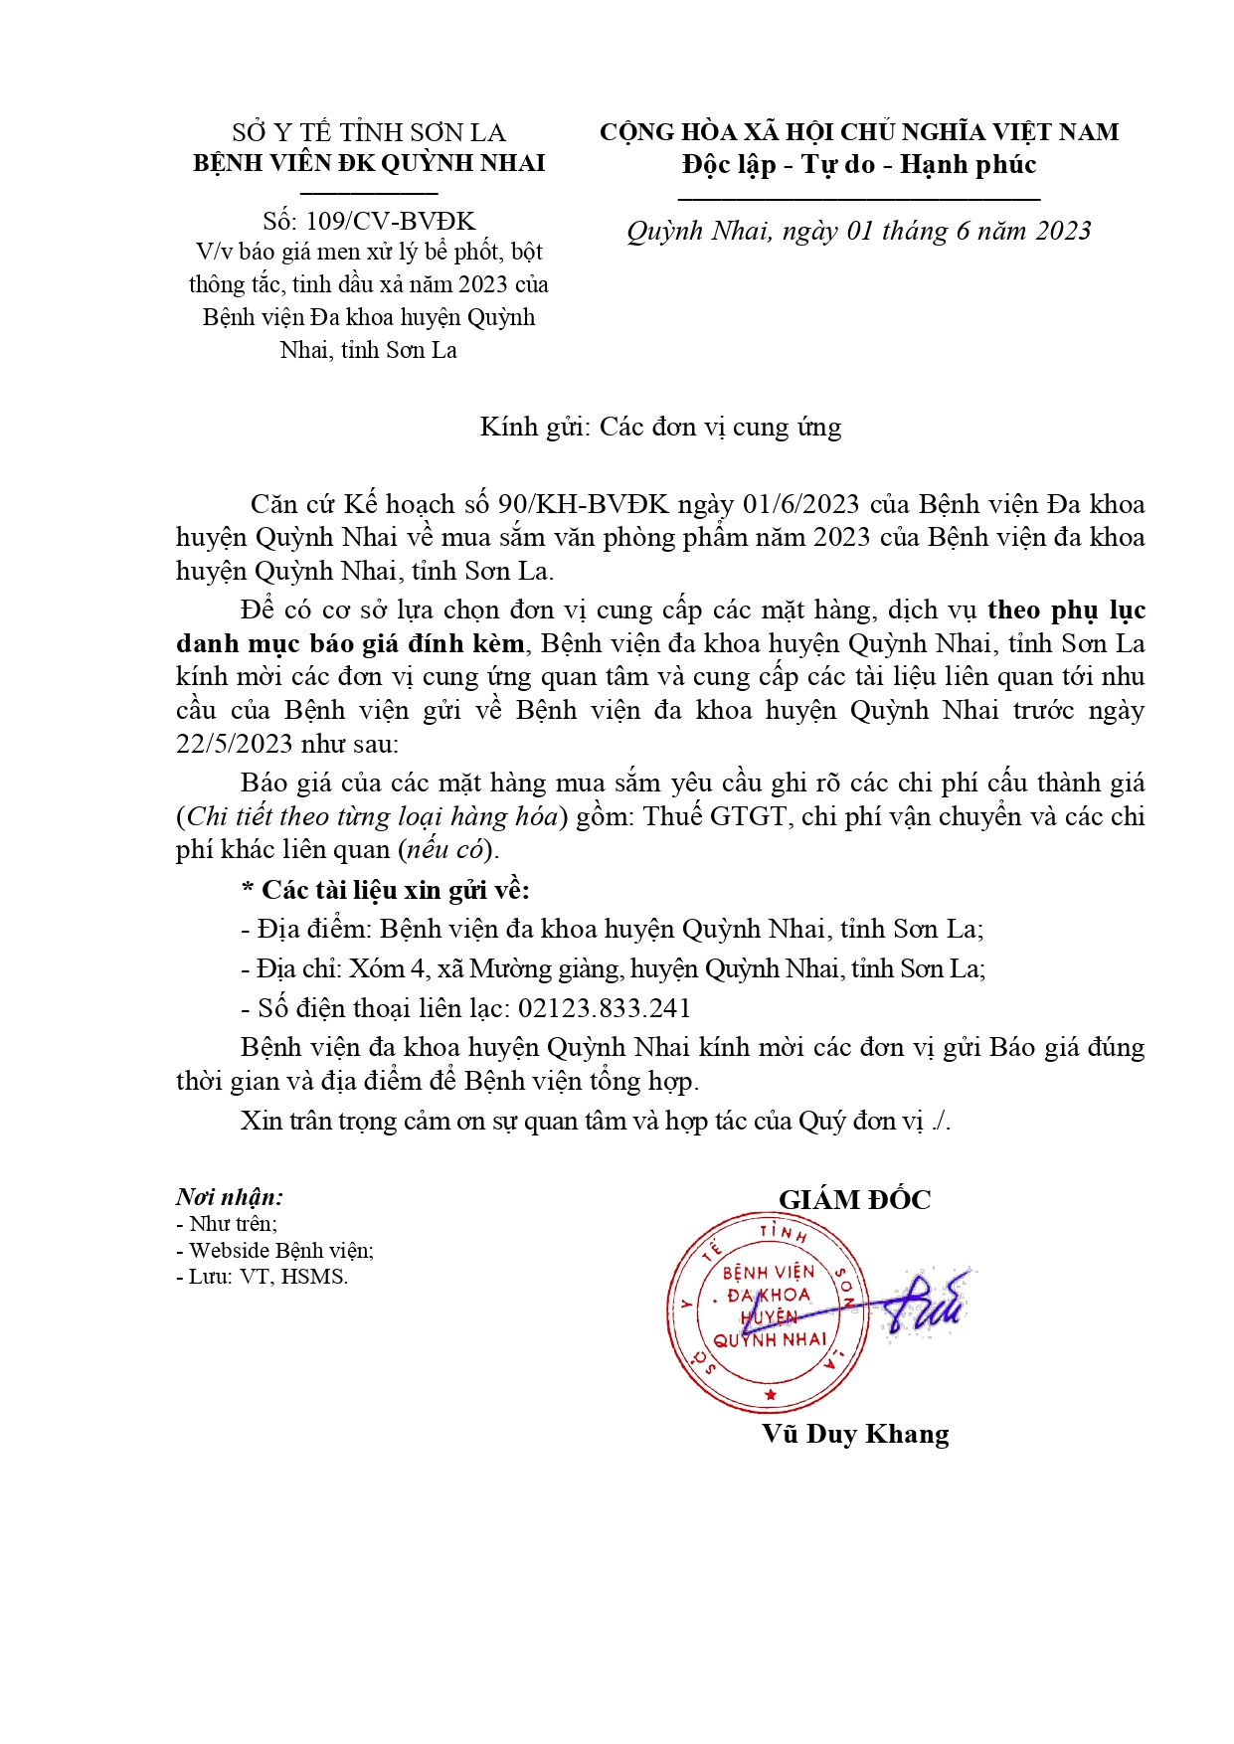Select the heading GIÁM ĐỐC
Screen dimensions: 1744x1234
[x=854, y=1199]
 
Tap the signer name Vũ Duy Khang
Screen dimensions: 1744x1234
[x=855, y=1434]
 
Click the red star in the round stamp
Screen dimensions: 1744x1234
[x=770, y=1394]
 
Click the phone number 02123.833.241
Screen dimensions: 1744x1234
[x=605, y=1008]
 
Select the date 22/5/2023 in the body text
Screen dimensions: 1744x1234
[x=235, y=744]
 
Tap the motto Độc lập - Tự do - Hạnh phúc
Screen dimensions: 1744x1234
[x=859, y=165]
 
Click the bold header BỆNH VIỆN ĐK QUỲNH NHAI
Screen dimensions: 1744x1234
[x=369, y=163]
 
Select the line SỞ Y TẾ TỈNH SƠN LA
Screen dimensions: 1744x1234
[x=369, y=132]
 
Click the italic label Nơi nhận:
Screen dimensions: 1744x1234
[x=230, y=1196]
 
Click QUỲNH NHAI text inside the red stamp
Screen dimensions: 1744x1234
[x=770, y=1339]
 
